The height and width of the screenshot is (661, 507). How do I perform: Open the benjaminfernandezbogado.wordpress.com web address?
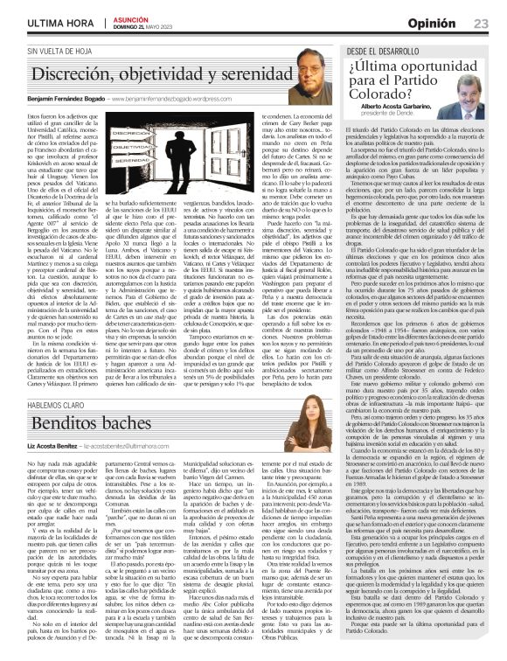coord(201,100)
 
